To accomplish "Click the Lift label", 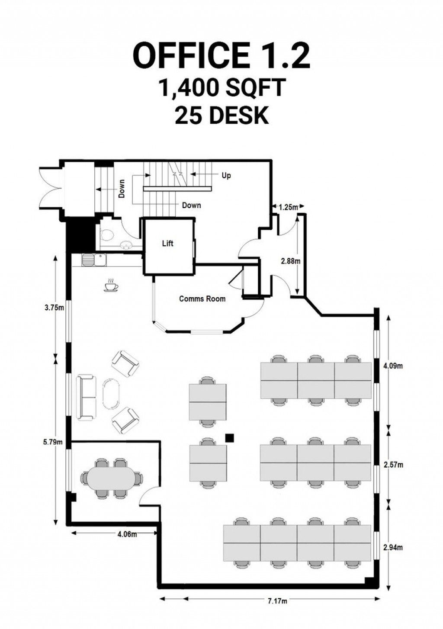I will coord(167,244).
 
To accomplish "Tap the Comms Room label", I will coord(202,298).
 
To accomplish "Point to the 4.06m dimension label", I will coord(127,534).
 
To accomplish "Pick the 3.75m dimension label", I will coord(55,308).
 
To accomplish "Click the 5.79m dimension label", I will coord(54,442).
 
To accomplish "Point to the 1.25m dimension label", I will coord(288,207).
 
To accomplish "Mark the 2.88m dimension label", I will coord(290,261).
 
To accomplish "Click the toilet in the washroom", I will coord(106,235).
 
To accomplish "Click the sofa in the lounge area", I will coord(86,398).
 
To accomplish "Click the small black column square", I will coord(230,438).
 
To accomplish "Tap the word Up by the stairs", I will coord(226,176).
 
